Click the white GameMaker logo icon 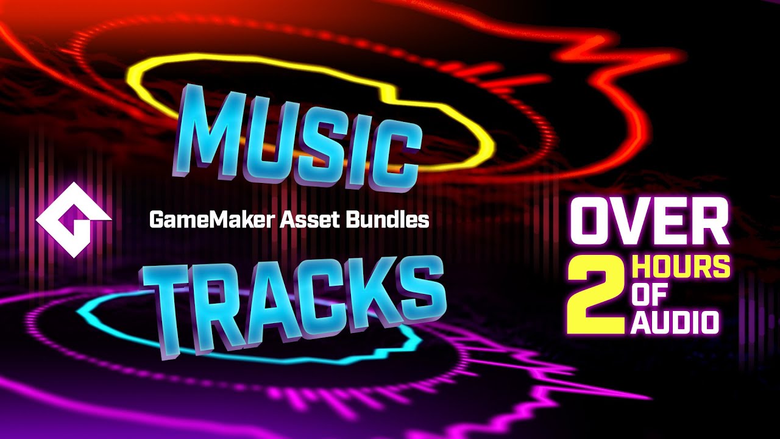[73, 219]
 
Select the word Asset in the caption [300, 220]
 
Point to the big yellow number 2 [595, 295]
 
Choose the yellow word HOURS [681, 268]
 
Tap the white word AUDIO [675, 322]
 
